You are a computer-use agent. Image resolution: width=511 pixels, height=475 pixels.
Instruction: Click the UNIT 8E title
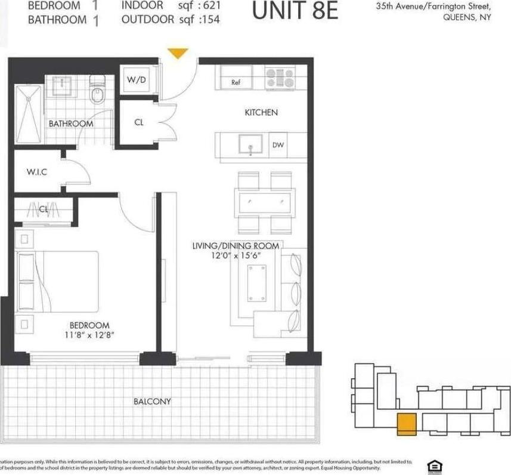coord(295,11)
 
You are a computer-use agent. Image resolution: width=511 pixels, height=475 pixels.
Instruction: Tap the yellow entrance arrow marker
coord(177,54)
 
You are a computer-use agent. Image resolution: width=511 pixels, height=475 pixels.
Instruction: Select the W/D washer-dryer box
coord(137,80)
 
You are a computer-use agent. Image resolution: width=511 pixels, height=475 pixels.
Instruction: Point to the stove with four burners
coord(280,78)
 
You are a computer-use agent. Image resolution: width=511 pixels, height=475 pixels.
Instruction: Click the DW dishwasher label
coord(278,145)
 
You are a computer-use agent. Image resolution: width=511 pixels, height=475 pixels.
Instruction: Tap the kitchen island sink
coord(250,144)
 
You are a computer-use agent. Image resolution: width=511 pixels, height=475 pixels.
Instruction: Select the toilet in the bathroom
coord(97,92)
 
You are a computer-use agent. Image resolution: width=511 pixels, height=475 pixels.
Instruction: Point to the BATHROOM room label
coord(71,124)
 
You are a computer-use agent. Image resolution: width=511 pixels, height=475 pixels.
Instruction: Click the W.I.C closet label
coord(37,172)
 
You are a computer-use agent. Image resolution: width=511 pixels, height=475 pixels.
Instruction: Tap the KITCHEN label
coord(261,112)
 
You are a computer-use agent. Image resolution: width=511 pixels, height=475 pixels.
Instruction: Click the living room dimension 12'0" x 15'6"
coord(236,255)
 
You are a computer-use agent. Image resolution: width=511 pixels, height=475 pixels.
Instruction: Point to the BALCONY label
coord(152,402)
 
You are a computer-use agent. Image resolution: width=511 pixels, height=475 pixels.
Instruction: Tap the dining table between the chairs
coord(265,202)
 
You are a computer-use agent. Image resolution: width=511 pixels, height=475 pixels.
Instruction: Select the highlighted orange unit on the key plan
coord(407,422)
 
